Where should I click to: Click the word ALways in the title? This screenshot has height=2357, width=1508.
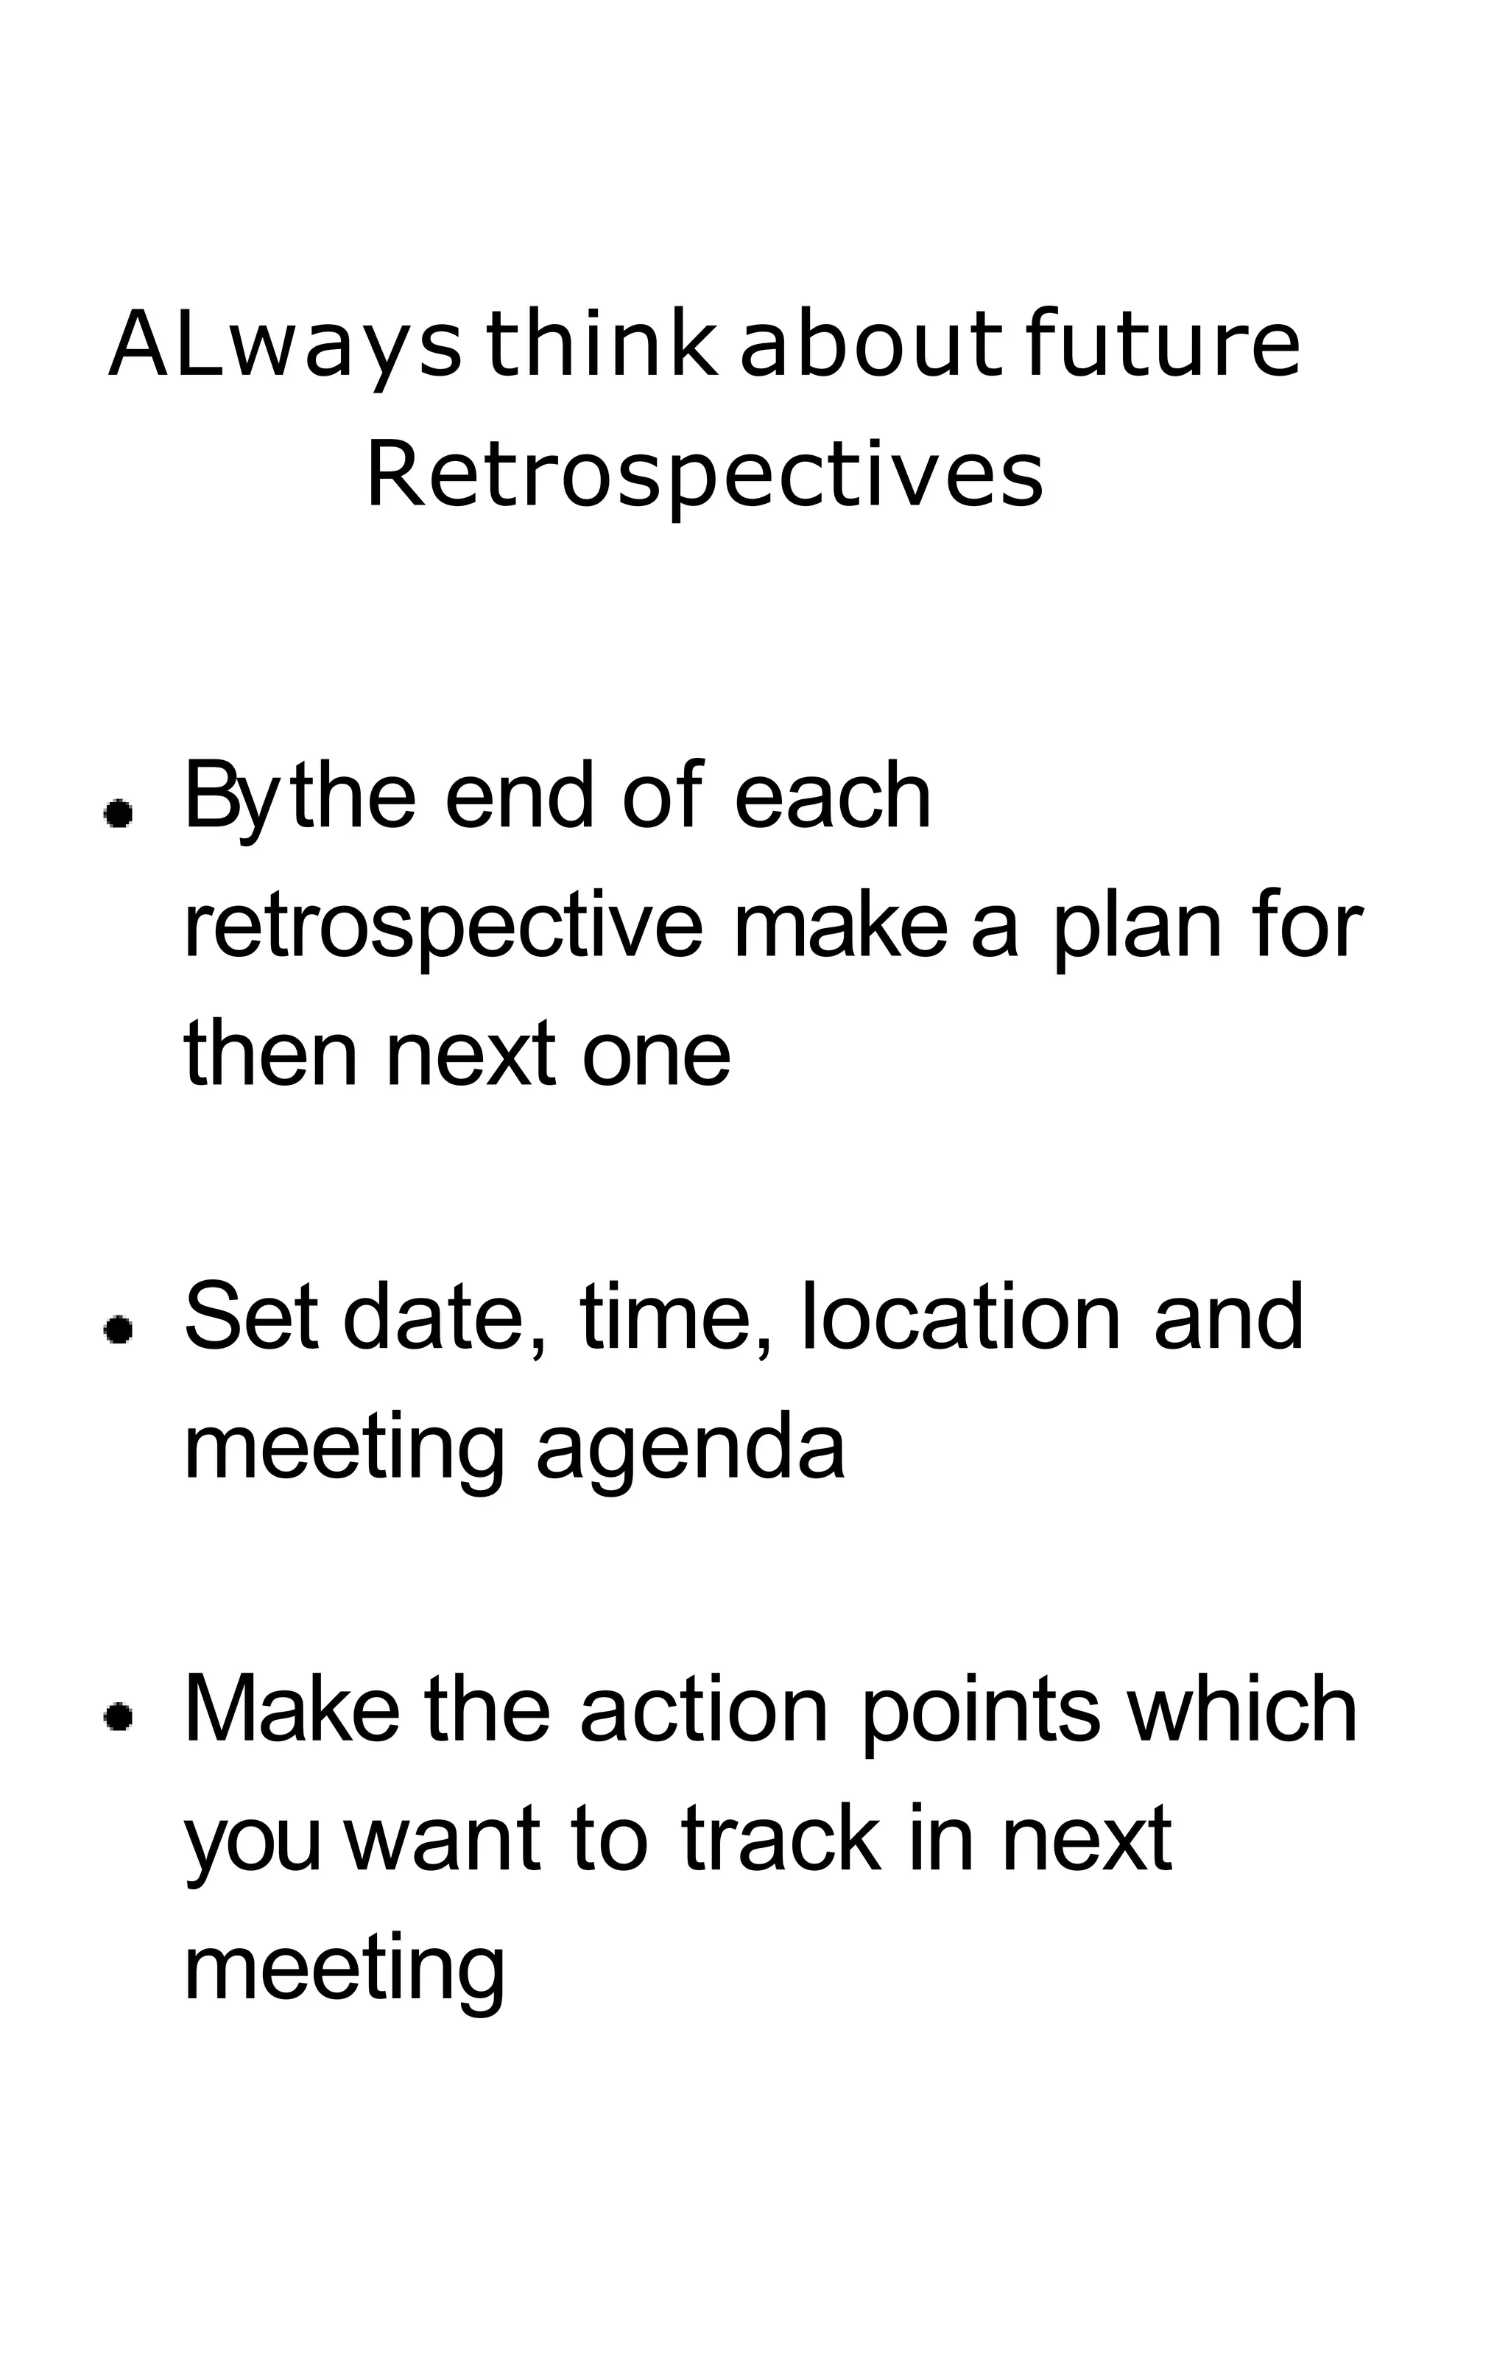pyautogui.click(x=284, y=345)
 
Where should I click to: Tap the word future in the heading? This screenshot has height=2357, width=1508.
pyautogui.click(x=1163, y=345)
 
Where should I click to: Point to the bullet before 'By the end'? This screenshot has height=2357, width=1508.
pyautogui.click(x=119, y=812)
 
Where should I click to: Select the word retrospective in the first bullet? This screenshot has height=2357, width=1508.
pyautogui.click(x=443, y=927)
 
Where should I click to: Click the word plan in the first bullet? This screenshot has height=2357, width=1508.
pyautogui.click(x=1137, y=927)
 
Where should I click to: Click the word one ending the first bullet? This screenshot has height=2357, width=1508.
pyautogui.click(x=656, y=1055)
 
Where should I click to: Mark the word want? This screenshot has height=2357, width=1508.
pyautogui.click(x=443, y=1837)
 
